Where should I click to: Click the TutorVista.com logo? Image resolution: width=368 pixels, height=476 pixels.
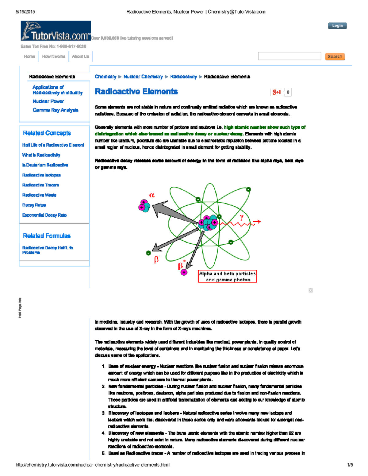56,31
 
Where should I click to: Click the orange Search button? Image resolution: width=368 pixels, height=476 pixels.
335,57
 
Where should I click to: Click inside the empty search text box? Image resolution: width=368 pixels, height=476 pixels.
289,56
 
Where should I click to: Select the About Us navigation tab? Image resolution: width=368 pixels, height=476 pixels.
80,57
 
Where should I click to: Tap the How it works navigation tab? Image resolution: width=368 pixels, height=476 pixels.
54,57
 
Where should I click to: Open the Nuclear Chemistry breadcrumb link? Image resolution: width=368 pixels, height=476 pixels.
143,77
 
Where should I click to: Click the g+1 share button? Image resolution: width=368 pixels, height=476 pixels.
277,92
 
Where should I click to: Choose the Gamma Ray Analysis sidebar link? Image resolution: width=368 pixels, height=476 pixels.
55,110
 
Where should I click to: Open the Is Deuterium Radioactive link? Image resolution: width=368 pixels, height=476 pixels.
45,165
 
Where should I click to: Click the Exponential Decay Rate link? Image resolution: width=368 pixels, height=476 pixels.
44,215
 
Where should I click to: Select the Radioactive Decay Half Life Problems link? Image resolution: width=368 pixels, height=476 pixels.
47,250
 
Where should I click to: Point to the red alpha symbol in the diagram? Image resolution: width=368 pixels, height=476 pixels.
152,195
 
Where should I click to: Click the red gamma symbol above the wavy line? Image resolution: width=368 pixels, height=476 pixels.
242,217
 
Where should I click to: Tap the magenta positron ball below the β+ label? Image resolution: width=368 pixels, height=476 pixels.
184,272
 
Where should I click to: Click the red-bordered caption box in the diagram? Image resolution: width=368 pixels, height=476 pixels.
227,276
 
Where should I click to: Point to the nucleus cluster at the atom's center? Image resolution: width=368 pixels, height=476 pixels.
208,223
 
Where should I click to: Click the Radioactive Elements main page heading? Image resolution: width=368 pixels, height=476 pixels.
136,92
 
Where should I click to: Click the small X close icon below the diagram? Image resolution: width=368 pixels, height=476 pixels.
310,290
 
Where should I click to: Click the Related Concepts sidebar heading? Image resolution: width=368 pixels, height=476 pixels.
47,133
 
